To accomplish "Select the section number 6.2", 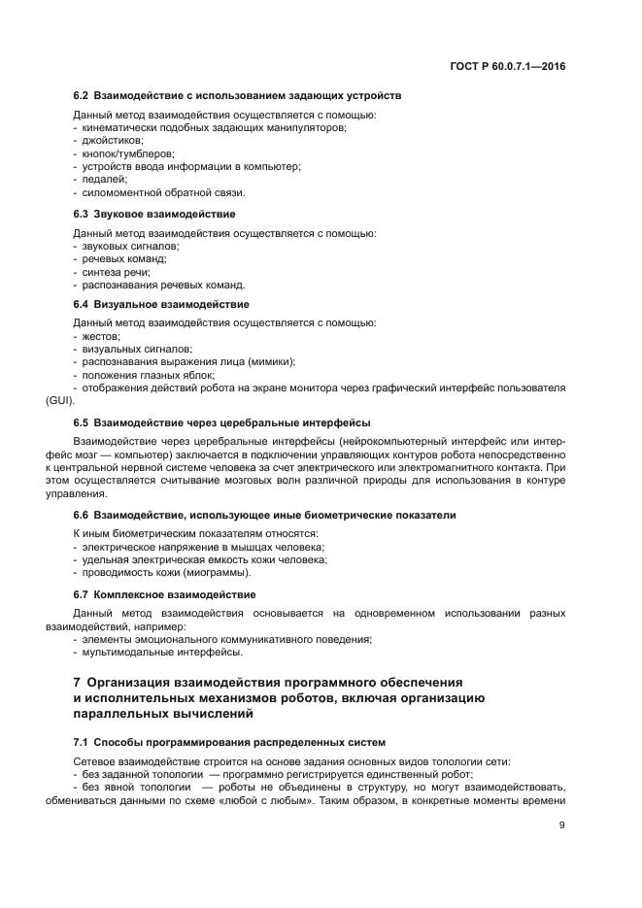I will pos(82,97).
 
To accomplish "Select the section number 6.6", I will pos(82,514).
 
